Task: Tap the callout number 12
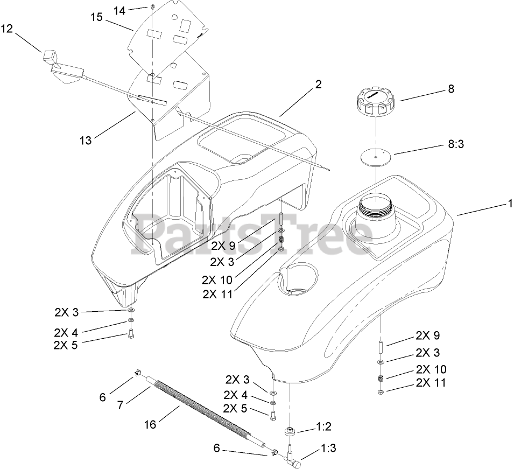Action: (6, 29)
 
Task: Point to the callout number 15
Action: (96, 17)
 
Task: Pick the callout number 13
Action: (85, 141)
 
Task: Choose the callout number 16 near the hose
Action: (150, 425)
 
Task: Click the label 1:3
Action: (330, 448)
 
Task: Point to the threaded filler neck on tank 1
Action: (376, 207)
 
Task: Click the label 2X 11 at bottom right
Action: (431, 383)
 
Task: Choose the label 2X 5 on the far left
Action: (66, 345)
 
